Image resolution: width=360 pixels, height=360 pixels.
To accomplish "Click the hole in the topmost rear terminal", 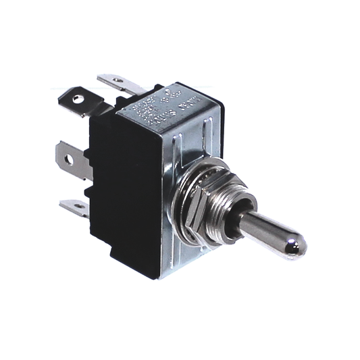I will pyautogui.click(x=119, y=80).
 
